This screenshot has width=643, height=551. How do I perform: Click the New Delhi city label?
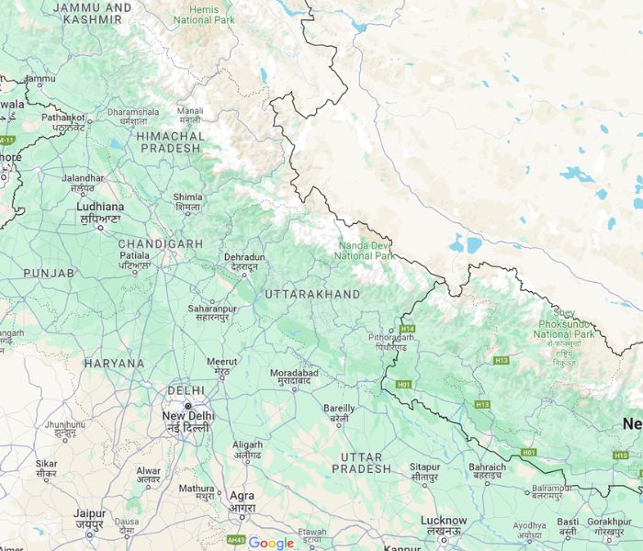[187, 416]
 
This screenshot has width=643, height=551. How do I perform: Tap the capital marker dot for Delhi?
[188, 405]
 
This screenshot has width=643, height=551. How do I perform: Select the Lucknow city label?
[444, 521]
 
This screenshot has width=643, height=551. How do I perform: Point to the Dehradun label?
[244, 258]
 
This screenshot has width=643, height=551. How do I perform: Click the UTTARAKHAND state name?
[312, 294]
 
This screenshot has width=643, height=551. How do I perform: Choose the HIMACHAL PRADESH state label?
[169, 141]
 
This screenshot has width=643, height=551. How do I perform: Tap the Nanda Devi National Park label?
[366, 250]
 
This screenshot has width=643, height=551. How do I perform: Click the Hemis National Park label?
[204, 14]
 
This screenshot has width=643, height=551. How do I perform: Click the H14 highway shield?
[407, 329]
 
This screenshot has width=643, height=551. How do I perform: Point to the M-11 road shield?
[6, 140]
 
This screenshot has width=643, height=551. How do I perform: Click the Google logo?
[271, 543]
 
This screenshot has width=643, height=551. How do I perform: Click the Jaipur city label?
[90, 514]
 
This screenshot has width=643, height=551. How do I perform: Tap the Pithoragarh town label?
[390, 337]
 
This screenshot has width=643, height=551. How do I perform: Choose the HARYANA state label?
[114, 363]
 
